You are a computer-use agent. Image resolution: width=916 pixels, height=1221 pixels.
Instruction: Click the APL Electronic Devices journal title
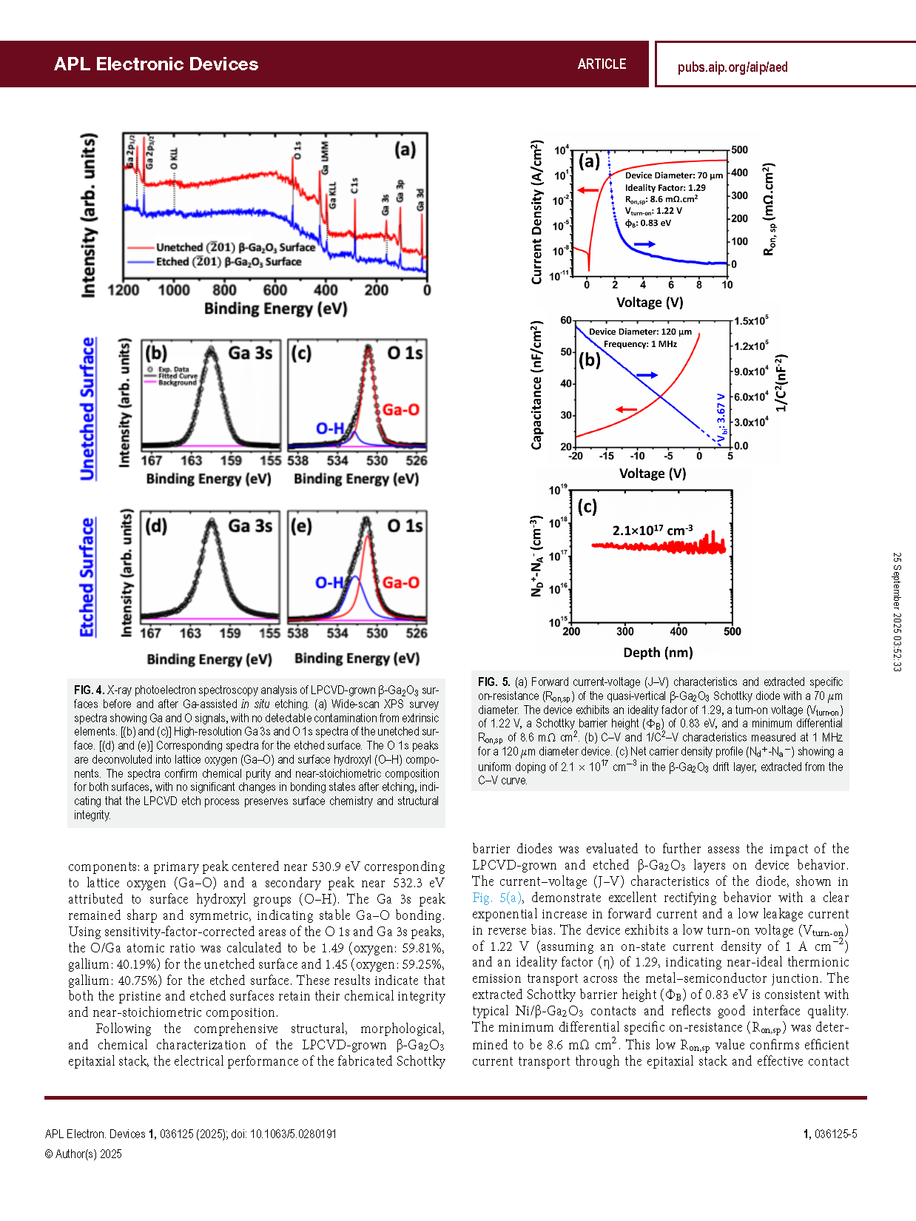tap(156, 64)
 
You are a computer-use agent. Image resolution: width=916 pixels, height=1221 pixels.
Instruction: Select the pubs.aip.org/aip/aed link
tap(732, 67)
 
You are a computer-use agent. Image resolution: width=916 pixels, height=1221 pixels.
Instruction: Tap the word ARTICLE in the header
tap(602, 64)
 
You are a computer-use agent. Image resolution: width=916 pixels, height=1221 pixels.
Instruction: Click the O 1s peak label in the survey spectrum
tap(297, 150)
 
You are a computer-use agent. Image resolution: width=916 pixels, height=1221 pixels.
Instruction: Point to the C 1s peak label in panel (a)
tap(354, 186)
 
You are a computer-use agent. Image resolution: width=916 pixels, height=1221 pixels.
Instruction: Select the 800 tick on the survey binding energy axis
tap(224, 290)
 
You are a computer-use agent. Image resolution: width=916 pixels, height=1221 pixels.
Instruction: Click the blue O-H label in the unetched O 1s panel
tap(330, 428)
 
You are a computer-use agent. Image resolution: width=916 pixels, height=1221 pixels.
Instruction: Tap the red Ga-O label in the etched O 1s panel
tap(400, 583)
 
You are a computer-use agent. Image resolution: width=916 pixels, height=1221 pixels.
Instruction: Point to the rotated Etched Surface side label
tap(87, 577)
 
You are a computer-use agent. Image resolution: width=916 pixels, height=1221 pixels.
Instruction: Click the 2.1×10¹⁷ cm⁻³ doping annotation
tap(652, 530)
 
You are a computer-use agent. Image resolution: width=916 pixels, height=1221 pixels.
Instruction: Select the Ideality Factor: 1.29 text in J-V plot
tap(665, 188)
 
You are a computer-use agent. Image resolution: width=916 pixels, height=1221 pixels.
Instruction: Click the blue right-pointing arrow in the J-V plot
tap(644, 243)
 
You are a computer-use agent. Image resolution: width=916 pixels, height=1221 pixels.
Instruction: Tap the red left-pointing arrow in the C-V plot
tap(626, 408)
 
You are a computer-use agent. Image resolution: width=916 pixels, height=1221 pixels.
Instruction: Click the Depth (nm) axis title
tap(658, 653)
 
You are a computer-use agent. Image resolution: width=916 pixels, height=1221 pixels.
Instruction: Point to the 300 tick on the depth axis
tap(625, 632)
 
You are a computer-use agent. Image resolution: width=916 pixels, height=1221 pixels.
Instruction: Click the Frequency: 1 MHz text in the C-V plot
tap(640, 344)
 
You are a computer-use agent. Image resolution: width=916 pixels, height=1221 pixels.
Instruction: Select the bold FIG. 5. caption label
tap(494, 682)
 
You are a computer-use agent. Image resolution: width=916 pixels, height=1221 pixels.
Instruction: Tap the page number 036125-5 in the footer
tap(835, 1134)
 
